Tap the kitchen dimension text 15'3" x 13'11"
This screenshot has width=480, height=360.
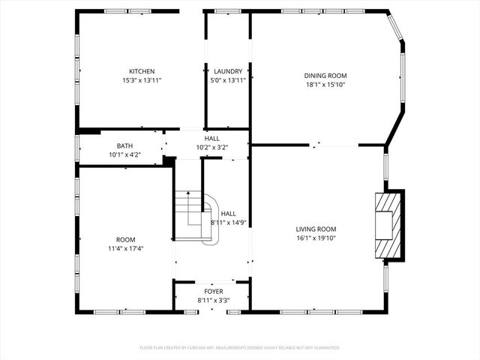142,80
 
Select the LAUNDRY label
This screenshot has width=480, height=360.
228,72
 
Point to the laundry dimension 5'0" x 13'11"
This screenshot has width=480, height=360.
228,80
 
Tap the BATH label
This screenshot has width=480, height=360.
124,146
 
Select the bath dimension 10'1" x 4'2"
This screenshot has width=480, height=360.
124,154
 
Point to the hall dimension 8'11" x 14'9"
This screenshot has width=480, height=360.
229,222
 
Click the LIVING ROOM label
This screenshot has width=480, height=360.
315,229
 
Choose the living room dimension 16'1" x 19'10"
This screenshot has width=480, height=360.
315,238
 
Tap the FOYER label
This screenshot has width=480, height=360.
214,291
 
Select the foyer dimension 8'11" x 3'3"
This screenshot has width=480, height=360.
214,300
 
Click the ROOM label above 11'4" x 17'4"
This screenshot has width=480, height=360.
126,239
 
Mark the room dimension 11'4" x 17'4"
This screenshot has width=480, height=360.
126,248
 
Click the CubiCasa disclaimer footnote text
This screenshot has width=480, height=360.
240,347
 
